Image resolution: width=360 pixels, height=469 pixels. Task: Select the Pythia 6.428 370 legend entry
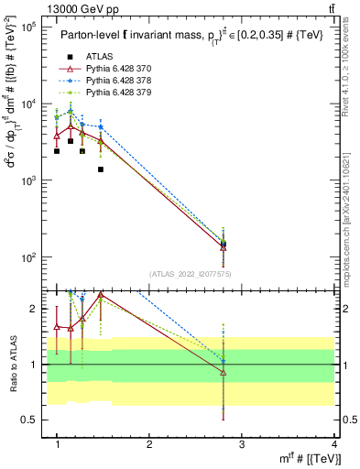(x=119, y=69)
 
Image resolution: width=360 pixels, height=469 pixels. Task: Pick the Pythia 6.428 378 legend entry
(x=119, y=81)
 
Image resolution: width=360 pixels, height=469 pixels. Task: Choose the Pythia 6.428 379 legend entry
(x=119, y=93)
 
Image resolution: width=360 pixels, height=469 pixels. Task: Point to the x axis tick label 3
(x=242, y=444)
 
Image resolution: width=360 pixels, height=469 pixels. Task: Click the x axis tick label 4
(x=333, y=444)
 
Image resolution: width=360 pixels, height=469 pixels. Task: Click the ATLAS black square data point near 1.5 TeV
(x=101, y=169)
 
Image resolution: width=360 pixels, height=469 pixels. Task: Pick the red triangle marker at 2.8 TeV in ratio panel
(x=224, y=373)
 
